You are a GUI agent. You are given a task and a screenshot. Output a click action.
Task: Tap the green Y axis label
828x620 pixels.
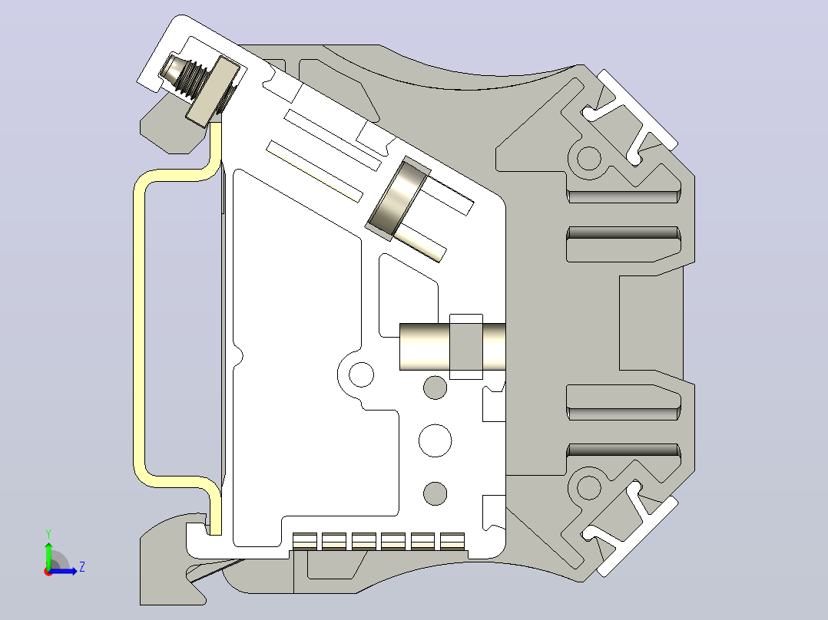[x=48, y=534]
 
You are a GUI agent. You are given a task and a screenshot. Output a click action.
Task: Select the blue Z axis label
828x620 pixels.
[x=82, y=567]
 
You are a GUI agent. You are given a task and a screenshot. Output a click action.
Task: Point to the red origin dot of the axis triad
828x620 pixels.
[x=48, y=572]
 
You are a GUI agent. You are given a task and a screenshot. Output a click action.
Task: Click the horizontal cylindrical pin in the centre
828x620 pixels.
[x=452, y=347]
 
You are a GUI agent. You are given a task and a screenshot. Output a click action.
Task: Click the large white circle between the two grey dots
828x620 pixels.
[x=435, y=440]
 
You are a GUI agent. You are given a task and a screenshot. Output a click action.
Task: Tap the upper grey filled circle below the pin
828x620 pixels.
[x=435, y=387]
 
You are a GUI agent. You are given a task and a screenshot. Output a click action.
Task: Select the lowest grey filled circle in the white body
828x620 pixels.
[x=435, y=493]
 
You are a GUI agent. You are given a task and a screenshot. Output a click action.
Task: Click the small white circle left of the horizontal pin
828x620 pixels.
[x=361, y=374]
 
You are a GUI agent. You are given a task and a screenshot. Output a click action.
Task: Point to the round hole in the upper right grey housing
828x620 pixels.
[x=589, y=158]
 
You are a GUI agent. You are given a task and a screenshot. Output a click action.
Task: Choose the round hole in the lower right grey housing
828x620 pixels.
[x=589, y=486]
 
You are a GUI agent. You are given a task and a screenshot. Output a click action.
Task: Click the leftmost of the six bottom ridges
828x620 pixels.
[x=305, y=541]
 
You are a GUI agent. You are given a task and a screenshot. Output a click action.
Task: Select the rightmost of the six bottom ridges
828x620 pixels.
[x=452, y=541]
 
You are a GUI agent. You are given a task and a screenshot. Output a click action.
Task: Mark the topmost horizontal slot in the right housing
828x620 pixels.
[x=623, y=196]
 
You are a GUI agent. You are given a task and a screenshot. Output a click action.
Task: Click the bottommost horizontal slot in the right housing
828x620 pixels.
[x=623, y=450]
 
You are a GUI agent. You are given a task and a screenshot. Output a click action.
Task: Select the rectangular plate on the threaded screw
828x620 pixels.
[x=211, y=93]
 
